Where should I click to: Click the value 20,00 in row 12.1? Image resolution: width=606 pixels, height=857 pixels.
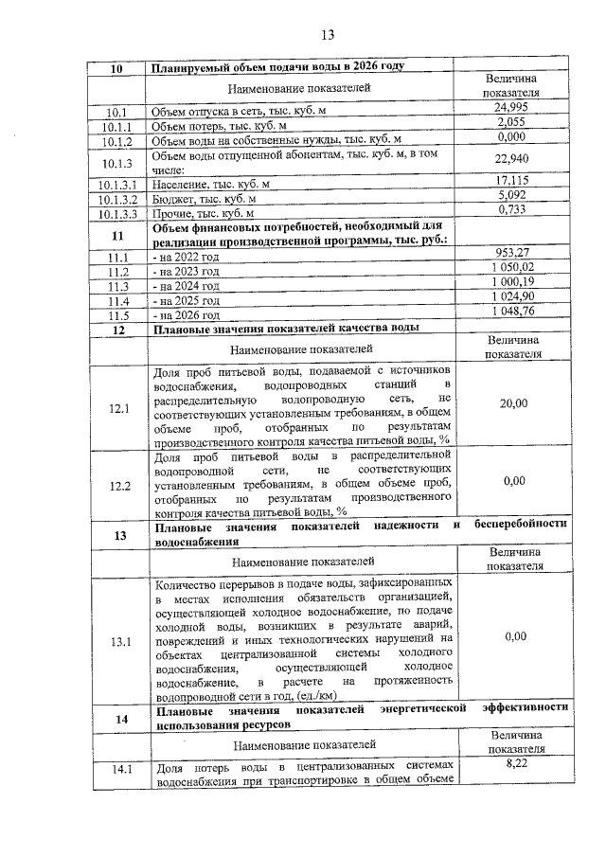[514, 403]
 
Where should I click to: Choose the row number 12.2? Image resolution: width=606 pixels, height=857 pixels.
[118, 486]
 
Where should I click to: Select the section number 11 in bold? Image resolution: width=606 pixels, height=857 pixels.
[118, 236]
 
